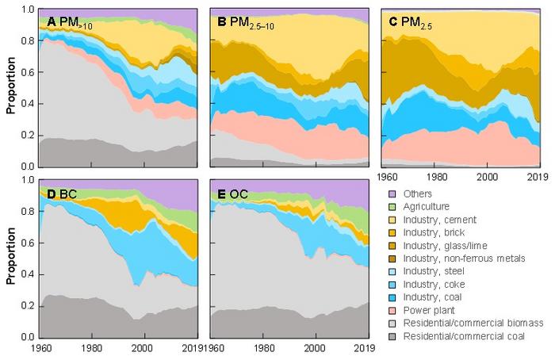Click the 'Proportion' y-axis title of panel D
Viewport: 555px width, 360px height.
pyautogui.click(x=10, y=258)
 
